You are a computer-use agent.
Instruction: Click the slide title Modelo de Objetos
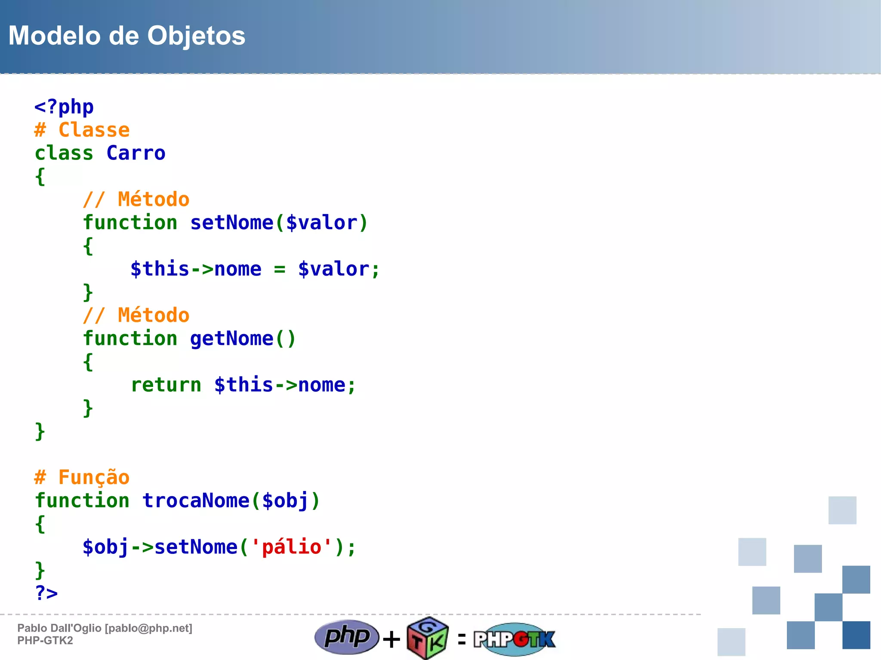coord(127,36)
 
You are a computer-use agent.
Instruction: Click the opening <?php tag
coord(64,107)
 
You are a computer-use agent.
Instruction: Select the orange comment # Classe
coord(82,130)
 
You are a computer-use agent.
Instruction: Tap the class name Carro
coord(136,153)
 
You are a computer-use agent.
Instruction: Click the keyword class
coord(64,153)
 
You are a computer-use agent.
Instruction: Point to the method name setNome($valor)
coord(279,223)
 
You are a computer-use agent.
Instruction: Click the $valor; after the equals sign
coord(339,269)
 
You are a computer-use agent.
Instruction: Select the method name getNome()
coord(243,338)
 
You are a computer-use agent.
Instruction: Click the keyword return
coord(166,385)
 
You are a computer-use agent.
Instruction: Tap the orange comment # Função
coord(82,477)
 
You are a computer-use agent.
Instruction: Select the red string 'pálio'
coord(291,547)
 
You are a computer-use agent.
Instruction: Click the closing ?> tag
coord(46,593)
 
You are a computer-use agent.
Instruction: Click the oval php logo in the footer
coord(347,637)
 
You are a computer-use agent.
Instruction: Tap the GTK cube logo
coord(427,639)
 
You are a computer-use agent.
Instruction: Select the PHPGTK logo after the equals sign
coord(514,639)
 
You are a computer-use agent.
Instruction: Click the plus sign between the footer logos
coord(391,639)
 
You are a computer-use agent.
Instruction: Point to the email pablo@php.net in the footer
coord(148,628)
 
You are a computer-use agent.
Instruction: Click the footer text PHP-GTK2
coord(45,641)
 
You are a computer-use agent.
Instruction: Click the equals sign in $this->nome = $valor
coord(280,270)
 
